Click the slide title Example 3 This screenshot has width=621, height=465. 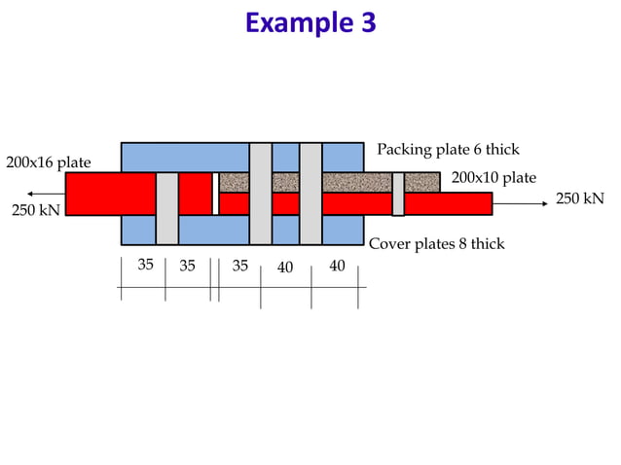coord(310,21)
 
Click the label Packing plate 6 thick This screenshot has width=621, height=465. coord(448,150)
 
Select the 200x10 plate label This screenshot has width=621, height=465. coord(493,178)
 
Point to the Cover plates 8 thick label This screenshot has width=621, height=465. coord(436,244)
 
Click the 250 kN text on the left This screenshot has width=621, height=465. coord(34,210)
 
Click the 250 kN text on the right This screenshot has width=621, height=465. coord(579,198)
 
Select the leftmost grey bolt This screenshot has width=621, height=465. coord(166,207)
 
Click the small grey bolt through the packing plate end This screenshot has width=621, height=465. coord(397,194)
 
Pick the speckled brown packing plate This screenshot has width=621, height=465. coord(331,182)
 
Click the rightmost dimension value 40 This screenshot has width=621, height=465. coord(337,265)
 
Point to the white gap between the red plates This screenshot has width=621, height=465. coord(215,193)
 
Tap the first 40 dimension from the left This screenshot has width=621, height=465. coord(285,267)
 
